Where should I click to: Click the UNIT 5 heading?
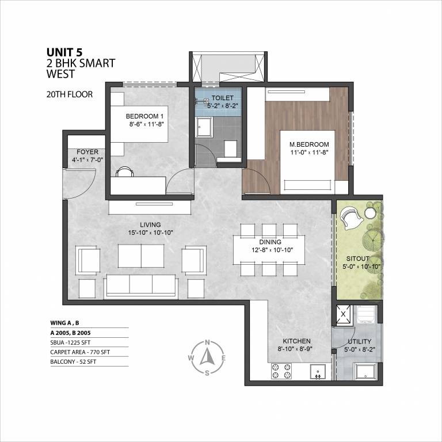tap(64, 52)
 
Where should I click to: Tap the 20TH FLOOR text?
tap(69, 94)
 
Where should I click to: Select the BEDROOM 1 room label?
tap(144, 116)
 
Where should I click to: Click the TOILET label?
tap(222, 98)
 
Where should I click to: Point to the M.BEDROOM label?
tap(309, 144)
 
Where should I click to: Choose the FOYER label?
tap(87, 152)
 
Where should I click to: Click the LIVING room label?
tap(150, 224)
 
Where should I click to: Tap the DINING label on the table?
tap(270, 242)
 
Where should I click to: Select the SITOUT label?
tap(358, 258)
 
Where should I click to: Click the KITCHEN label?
tap(296, 341)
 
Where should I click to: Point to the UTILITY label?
tap(359, 342)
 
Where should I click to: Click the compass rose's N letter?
tap(207, 343)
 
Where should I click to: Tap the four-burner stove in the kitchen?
tap(281, 371)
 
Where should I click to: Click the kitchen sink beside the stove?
tap(318, 372)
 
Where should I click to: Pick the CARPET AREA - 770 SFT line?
tap(80, 352)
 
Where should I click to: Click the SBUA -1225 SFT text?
tap(70, 342)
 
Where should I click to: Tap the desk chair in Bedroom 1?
tap(124, 172)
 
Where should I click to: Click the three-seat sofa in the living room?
tap(141, 286)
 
